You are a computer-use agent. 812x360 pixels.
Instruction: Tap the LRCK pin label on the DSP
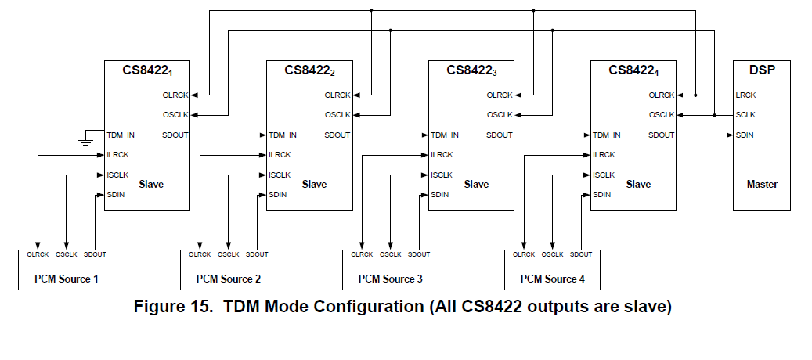[746, 95]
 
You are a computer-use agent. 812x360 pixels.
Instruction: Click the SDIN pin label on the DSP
[745, 135]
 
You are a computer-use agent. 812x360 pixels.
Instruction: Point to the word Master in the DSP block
[762, 185]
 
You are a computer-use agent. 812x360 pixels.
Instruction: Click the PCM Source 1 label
[66, 279]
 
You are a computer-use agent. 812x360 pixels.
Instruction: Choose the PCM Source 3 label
[391, 279]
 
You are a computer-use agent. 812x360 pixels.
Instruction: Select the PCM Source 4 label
[553, 279]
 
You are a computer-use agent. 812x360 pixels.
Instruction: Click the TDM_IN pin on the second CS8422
[283, 135]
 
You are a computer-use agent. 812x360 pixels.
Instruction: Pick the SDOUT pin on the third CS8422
[500, 135]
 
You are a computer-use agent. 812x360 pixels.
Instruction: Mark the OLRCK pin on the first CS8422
[175, 95]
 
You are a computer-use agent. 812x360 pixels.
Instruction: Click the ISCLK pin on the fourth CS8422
[604, 175]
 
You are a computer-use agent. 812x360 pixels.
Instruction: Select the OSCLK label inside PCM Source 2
[228, 254]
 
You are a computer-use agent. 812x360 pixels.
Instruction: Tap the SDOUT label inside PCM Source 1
[95, 254]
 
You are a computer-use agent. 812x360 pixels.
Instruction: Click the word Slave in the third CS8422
[476, 185]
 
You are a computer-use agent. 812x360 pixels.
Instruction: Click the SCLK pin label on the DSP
[746, 115]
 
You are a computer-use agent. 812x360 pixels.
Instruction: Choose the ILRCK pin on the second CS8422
[280, 155]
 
